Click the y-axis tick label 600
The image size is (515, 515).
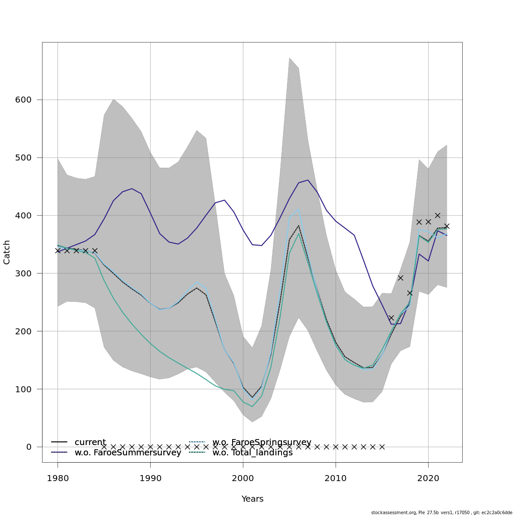(23, 100)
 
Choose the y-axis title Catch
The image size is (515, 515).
(7, 252)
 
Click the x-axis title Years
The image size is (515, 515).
(252, 499)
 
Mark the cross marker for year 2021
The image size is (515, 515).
(437, 215)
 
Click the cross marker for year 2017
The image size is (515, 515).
(400, 278)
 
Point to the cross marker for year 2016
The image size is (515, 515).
(391, 318)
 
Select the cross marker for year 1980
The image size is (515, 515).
(58, 251)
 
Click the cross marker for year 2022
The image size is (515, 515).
(447, 226)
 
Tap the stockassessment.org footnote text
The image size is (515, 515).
(442, 512)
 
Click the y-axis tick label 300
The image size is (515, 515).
(23, 273)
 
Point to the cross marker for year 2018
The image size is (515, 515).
(410, 293)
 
